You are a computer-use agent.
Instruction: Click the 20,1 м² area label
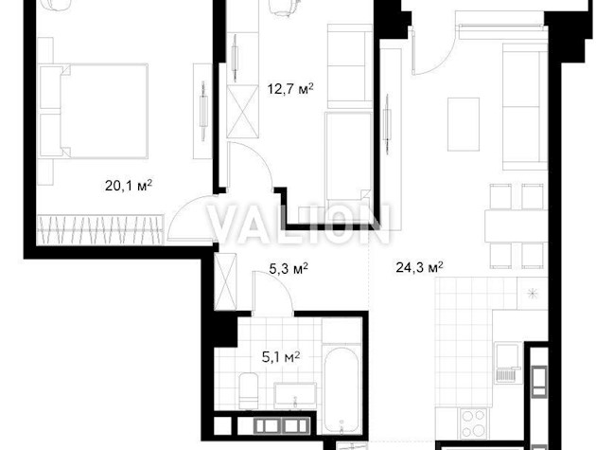(x=129, y=186)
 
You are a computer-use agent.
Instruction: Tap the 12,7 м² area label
(x=290, y=89)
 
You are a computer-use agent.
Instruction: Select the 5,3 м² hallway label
(x=289, y=269)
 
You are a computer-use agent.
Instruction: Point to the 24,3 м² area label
(x=419, y=267)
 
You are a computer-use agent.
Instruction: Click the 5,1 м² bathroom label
(x=281, y=357)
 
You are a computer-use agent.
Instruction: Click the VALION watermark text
(x=299, y=225)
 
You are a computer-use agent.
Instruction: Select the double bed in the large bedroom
(x=94, y=111)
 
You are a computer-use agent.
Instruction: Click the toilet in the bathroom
(x=249, y=391)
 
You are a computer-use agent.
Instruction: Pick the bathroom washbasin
(x=295, y=394)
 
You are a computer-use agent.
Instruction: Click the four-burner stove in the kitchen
(x=473, y=423)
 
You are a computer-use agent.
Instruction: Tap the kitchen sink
(x=507, y=363)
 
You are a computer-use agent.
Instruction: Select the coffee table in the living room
(x=464, y=124)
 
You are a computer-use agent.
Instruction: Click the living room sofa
(x=525, y=107)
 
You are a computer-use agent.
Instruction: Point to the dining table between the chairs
(x=516, y=225)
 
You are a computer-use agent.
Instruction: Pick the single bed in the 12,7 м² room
(x=348, y=156)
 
